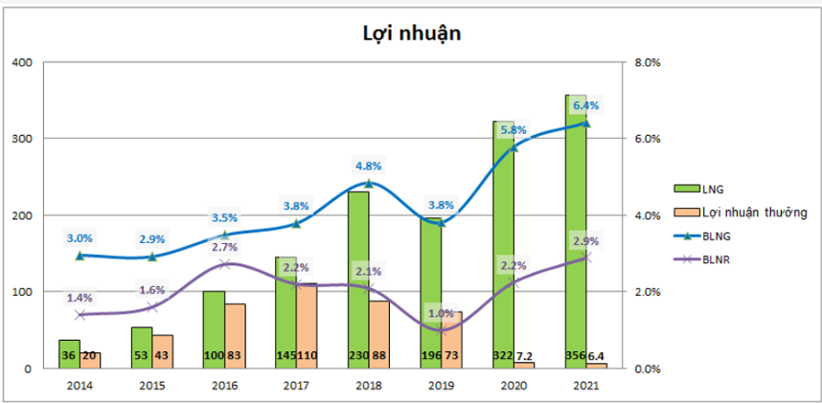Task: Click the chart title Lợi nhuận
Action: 412,34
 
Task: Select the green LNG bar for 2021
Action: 576,230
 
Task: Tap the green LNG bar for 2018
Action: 357,278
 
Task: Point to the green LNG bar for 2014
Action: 68,354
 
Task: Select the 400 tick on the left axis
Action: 22,63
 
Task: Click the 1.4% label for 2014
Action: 80,298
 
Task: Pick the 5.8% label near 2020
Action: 513,129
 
